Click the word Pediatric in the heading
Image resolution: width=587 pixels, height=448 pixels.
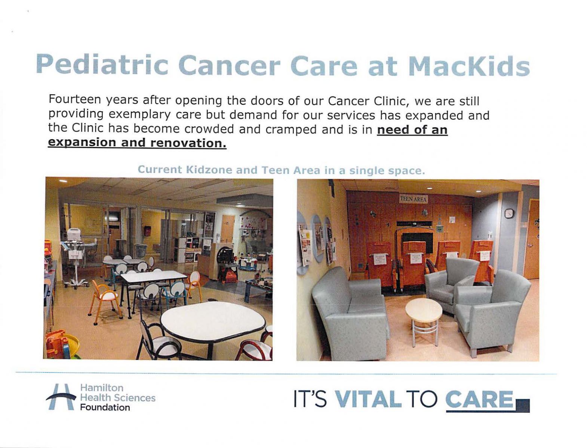pyautogui.click(x=102, y=65)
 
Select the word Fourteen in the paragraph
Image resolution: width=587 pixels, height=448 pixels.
pyautogui.click(x=75, y=100)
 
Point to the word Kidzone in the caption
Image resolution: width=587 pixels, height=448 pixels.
pyautogui.click(x=209, y=169)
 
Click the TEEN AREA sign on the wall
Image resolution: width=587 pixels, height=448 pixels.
pyautogui.click(x=414, y=199)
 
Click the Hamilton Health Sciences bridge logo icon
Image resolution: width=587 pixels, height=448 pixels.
pyautogui.click(x=61, y=397)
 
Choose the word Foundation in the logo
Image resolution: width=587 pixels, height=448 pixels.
pyautogui.click(x=105, y=407)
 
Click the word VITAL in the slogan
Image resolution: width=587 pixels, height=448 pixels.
pyautogui.click(x=368, y=399)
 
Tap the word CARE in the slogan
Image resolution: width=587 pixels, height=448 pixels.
pyautogui.click(x=479, y=399)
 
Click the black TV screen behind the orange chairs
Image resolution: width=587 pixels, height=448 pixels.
pyautogui.click(x=417, y=242)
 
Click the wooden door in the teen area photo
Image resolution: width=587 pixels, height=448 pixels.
pyautogui.click(x=531, y=239)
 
